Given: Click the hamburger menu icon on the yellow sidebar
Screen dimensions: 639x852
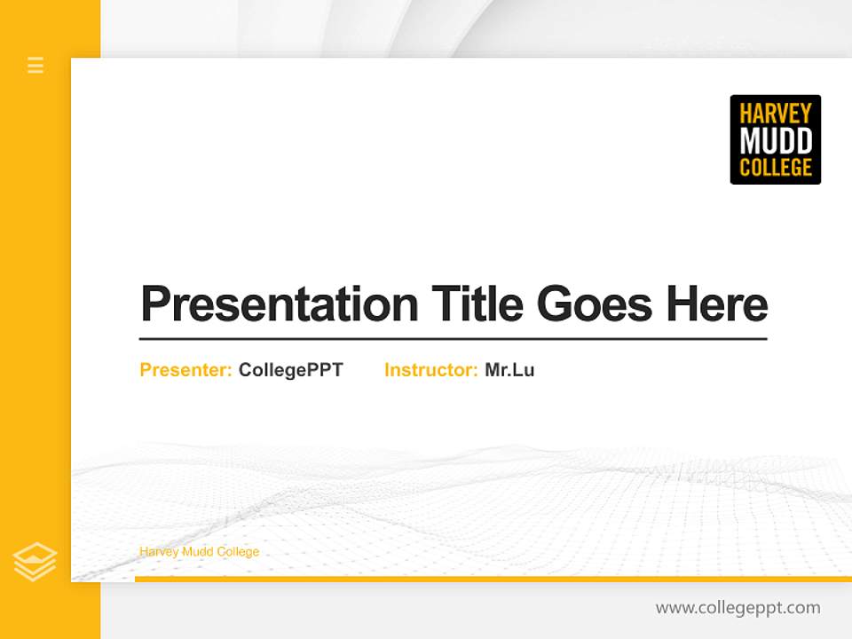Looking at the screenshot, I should pyautogui.click(x=35, y=65).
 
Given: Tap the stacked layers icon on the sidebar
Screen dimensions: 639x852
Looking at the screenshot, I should pyautogui.click(x=35, y=562).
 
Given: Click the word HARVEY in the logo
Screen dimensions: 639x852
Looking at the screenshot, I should pyautogui.click(x=775, y=114).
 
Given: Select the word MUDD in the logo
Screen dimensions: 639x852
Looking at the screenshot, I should pyautogui.click(x=775, y=140).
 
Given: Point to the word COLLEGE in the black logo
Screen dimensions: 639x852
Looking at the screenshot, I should pyautogui.click(x=775, y=167).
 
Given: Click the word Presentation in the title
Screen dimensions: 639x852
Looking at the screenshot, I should pyautogui.click(x=280, y=304).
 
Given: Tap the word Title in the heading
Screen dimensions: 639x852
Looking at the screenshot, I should pyautogui.click(x=477, y=304).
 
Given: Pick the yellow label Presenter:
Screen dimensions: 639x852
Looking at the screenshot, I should pyautogui.click(x=185, y=370).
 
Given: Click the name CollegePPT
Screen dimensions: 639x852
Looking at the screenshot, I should pyautogui.click(x=290, y=370).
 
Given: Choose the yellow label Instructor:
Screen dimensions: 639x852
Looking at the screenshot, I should pyautogui.click(x=430, y=370).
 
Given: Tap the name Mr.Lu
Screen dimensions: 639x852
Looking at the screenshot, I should pyautogui.click(x=509, y=370).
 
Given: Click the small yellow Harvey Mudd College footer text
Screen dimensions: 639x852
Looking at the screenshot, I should pyautogui.click(x=199, y=552).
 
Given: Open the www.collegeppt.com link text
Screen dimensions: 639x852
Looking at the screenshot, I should pyautogui.click(x=738, y=608).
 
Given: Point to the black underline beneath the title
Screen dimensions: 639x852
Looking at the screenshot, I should pyautogui.click(x=453, y=339).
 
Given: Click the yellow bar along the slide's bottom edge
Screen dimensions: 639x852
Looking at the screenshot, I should pyautogui.click(x=493, y=579).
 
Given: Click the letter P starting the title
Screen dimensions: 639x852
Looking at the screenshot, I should pyautogui.click(x=155, y=304).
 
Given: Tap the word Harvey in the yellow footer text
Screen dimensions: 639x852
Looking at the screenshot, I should pyautogui.click(x=158, y=552).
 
